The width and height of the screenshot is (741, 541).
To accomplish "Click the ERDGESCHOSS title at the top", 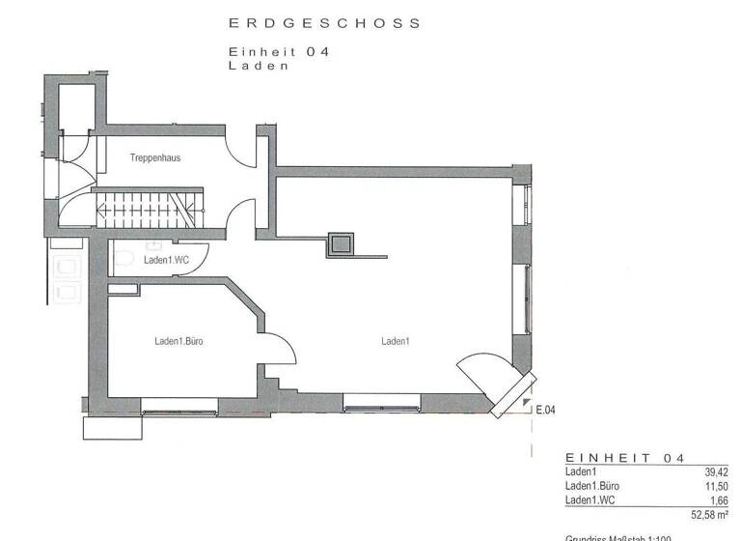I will click(x=324, y=23).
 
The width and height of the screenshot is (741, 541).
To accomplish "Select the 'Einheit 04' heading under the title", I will click(x=278, y=53).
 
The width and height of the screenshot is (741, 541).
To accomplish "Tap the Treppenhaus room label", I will click(x=155, y=157).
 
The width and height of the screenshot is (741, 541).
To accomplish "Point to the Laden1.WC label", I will click(x=166, y=260).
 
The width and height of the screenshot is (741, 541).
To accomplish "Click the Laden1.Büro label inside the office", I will click(x=178, y=341).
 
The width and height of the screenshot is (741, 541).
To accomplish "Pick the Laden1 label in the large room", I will click(x=396, y=341).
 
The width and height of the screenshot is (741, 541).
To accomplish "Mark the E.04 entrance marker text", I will click(x=545, y=410).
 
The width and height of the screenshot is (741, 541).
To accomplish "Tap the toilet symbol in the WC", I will click(x=123, y=257).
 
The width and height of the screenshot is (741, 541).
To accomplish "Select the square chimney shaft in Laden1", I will click(x=341, y=245).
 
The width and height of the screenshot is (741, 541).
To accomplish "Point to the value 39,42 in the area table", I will click(x=716, y=472).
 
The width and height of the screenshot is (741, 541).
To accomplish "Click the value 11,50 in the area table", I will click(x=716, y=486).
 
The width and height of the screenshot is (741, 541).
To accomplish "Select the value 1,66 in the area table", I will click(x=719, y=499).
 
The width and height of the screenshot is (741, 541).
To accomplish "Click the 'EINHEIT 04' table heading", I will click(x=624, y=457).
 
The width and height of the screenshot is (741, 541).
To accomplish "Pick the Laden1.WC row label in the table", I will click(x=591, y=499).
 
